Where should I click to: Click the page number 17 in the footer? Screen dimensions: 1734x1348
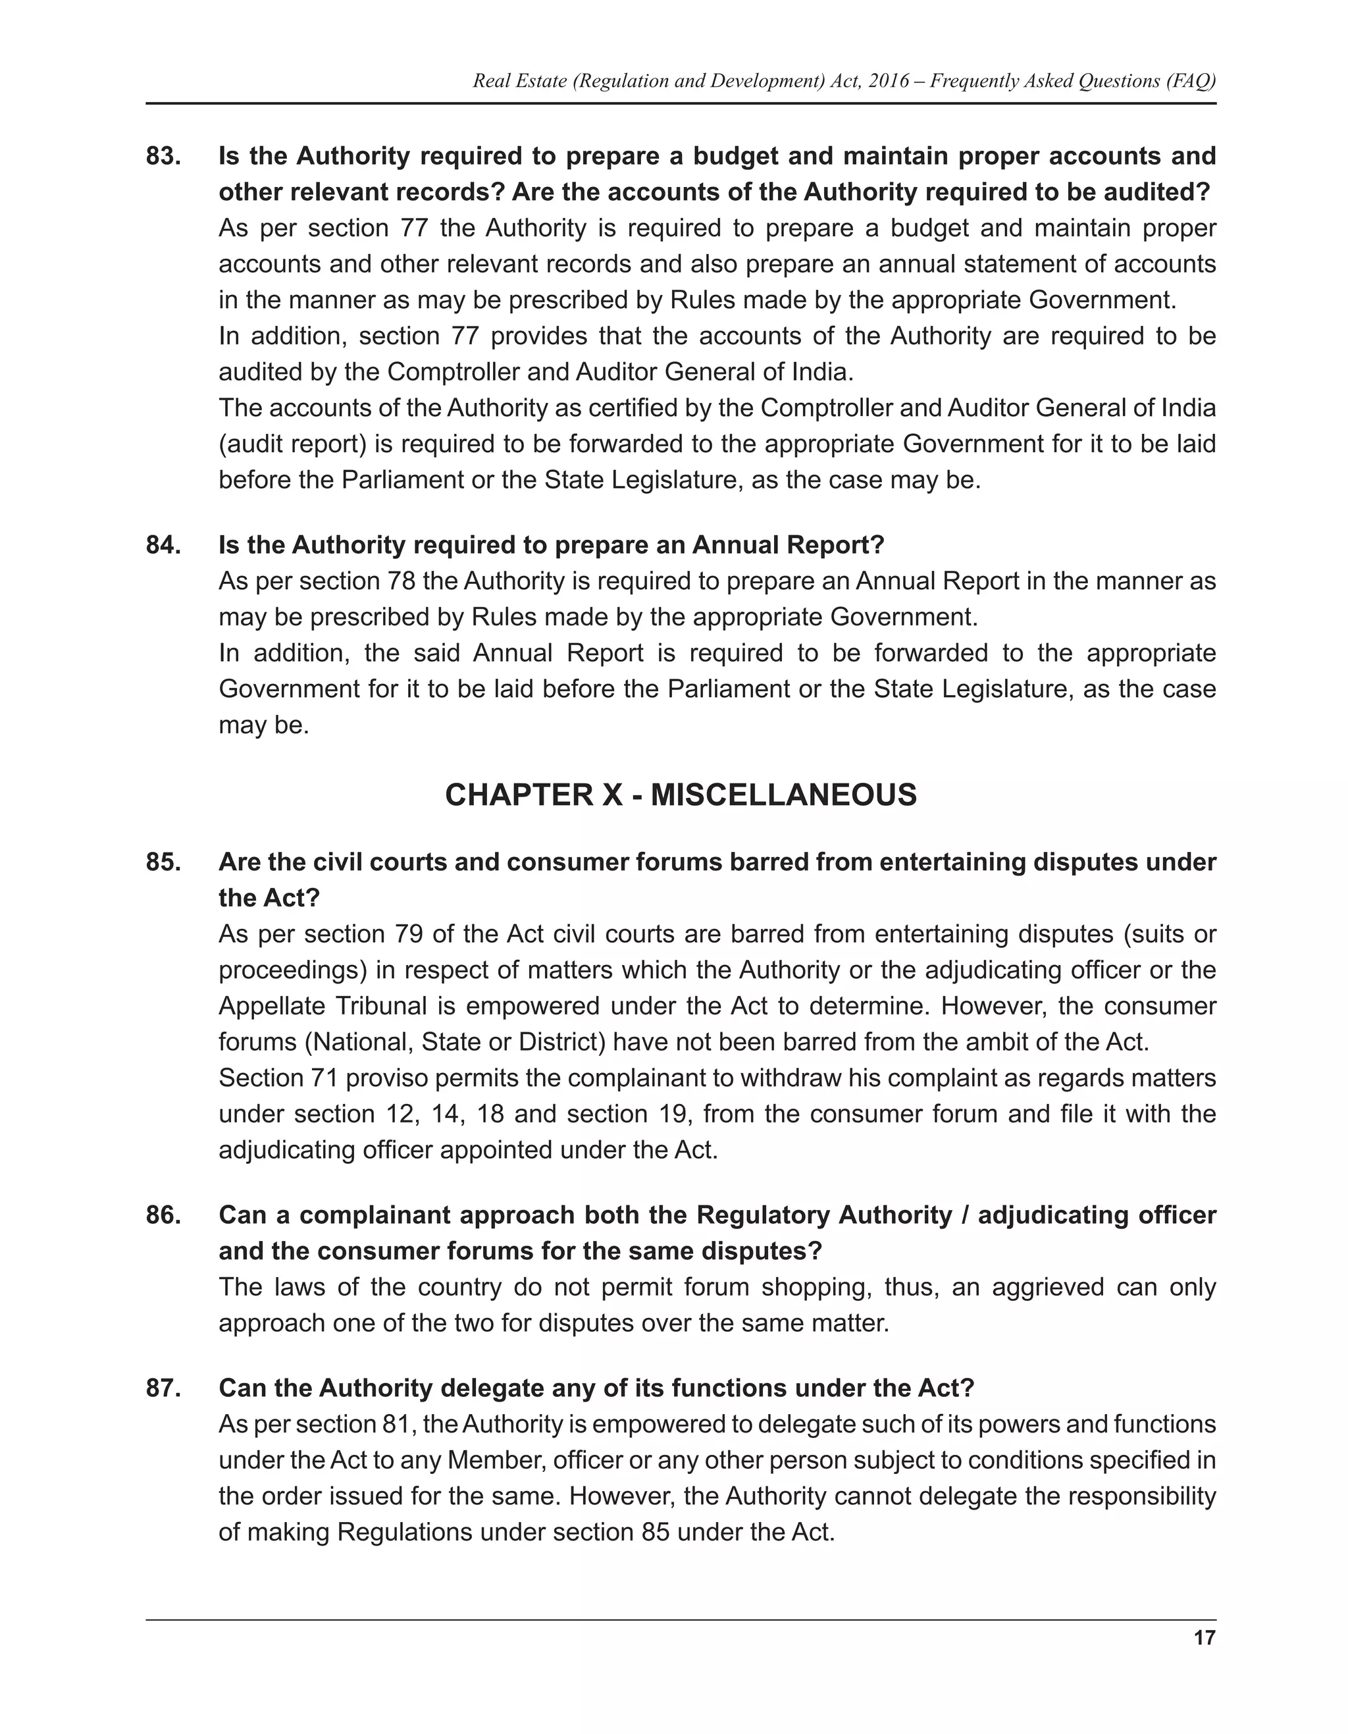tap(1203, 1637)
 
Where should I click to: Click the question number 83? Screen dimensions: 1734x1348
tap(163, 157)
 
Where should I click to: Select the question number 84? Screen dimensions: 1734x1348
tap(163, 546)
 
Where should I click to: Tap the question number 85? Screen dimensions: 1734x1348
tap(163, 862)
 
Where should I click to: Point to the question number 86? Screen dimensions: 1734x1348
tap(163, 1215)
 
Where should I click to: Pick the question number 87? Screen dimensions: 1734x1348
tap(163, 1388)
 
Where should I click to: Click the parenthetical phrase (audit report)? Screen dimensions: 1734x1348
tap(292, 444)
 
